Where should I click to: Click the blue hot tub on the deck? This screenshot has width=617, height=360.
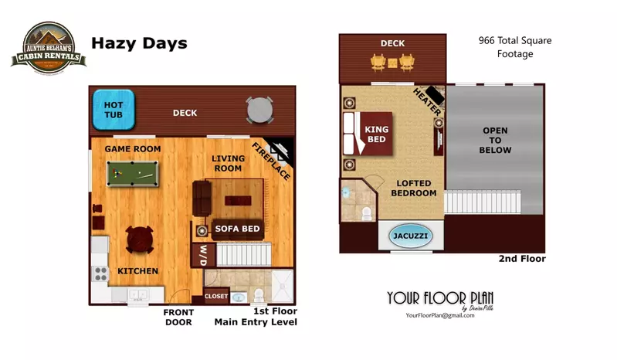coord(114,109)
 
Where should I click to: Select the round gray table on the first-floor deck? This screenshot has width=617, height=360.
coord(259,110)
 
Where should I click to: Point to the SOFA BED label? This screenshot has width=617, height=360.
coord(237,229)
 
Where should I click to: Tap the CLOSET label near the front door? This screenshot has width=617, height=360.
coord(216,296)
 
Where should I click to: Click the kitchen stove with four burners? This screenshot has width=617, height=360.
coord(100,273)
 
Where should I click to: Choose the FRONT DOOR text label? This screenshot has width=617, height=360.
coord(178,318)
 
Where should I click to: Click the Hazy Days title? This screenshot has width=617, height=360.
coord(139,43)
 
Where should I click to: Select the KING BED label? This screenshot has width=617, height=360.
coord(377,134)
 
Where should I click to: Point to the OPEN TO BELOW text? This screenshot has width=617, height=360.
coord(495,141)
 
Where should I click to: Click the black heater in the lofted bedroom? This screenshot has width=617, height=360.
coord(436,96)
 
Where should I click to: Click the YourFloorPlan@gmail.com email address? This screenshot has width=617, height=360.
coord(439,315)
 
